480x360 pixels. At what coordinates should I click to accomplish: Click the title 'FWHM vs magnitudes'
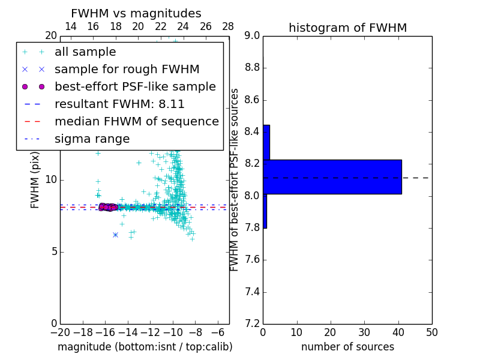136,13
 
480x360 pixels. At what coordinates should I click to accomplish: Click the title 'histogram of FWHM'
347,28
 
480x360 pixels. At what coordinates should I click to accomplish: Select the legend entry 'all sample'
85,52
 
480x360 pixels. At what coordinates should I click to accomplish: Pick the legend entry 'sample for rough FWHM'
127,70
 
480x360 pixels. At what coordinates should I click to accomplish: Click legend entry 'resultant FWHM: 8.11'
119,104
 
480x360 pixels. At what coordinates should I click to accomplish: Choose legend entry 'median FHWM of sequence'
136,122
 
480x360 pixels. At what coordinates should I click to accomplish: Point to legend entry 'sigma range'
92,139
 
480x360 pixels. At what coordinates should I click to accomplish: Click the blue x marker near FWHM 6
115,235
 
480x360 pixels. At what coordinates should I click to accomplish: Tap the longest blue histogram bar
332,176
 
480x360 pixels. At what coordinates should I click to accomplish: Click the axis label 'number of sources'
347,347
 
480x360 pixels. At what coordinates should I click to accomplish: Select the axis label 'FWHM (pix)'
35,179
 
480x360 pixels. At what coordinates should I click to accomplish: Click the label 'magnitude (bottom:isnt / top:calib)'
145,347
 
